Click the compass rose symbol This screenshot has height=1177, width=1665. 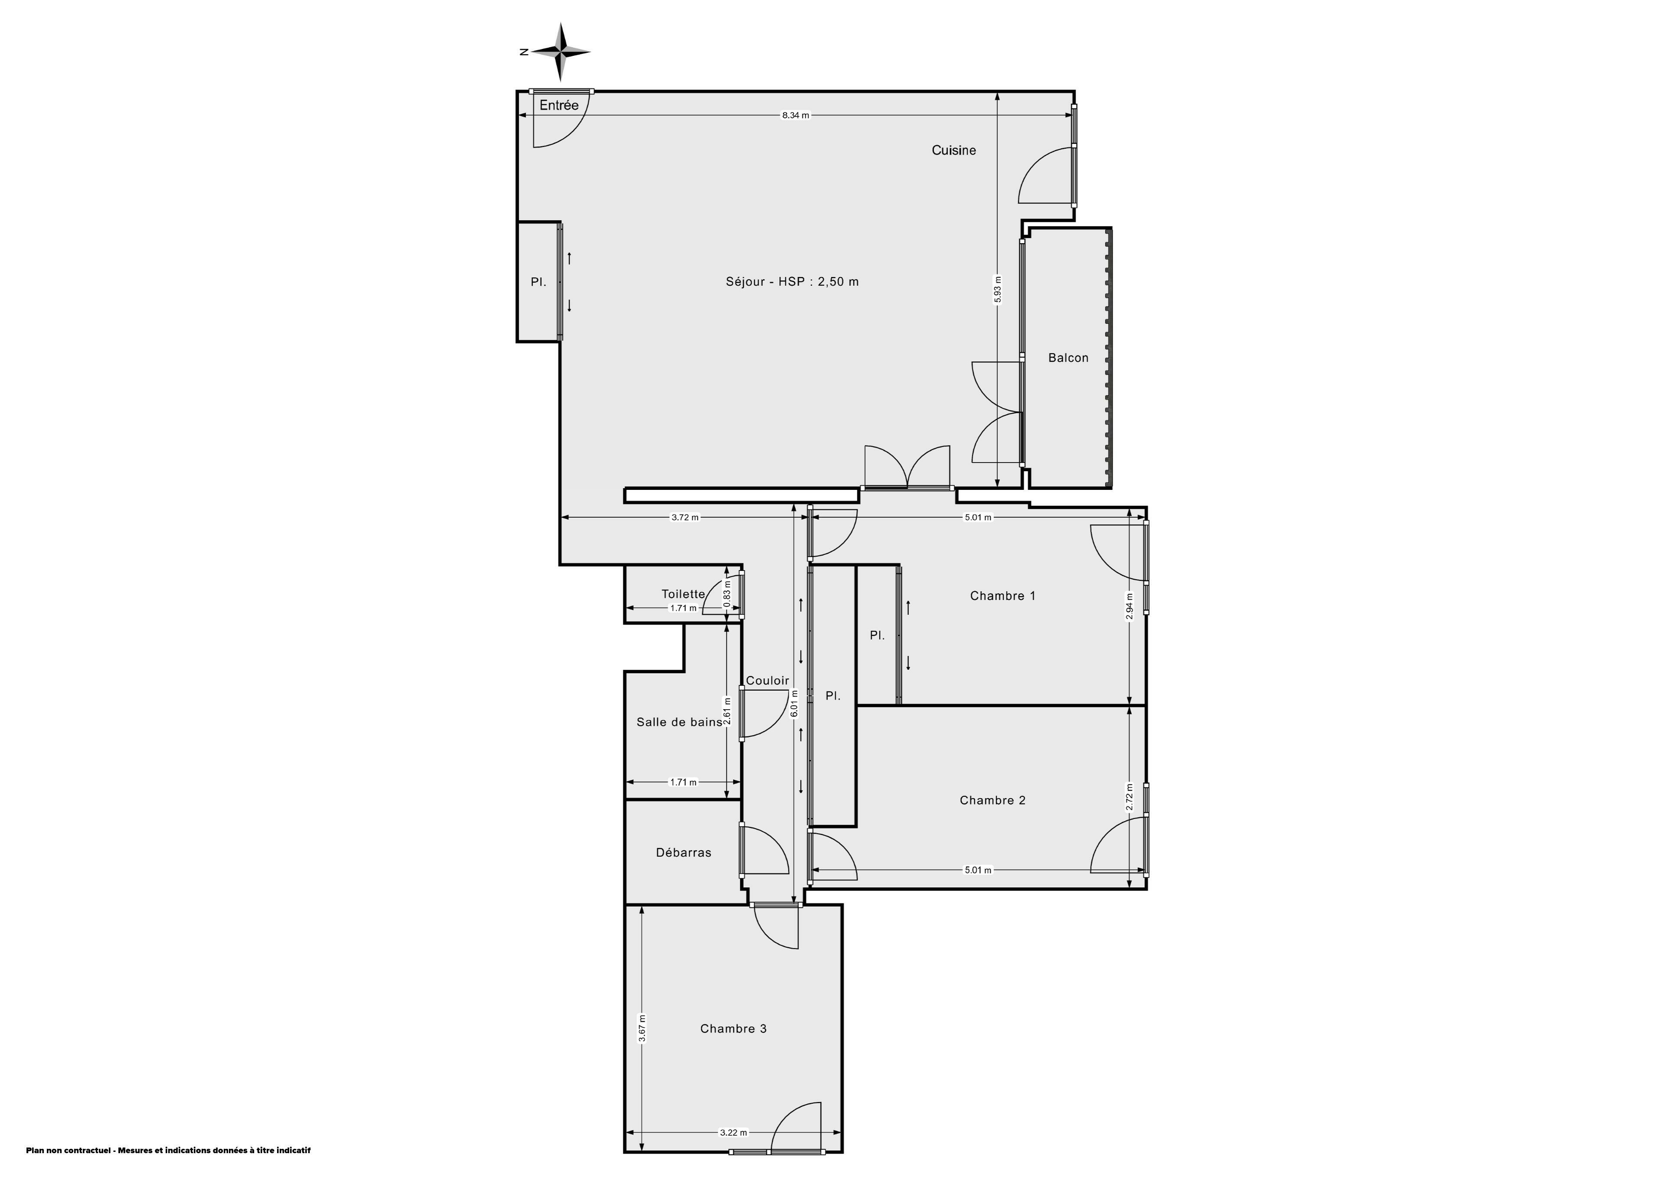tap(560, 52)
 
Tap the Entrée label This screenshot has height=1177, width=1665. tap(559, 105)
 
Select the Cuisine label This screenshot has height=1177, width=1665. tap(953, 150)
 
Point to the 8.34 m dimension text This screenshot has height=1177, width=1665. tap(796, 115)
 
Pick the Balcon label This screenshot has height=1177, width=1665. tap(1068, 358)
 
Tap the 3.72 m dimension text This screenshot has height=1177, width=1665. tap(685, 517)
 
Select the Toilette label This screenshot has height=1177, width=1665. tap(683, 594)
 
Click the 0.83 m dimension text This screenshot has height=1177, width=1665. tap(727, 594)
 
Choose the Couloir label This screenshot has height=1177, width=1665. tap(767, 680)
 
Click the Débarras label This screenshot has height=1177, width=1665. tap(684, 852)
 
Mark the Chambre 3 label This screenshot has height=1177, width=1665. tap(733, 1028)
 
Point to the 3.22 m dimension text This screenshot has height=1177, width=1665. tap(733, 1132)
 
